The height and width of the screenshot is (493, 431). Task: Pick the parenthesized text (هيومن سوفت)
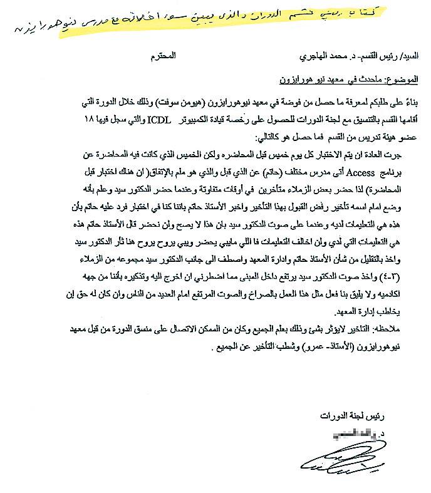(x=189, y=100)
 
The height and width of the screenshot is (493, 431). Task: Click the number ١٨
(x=93, y=119)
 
